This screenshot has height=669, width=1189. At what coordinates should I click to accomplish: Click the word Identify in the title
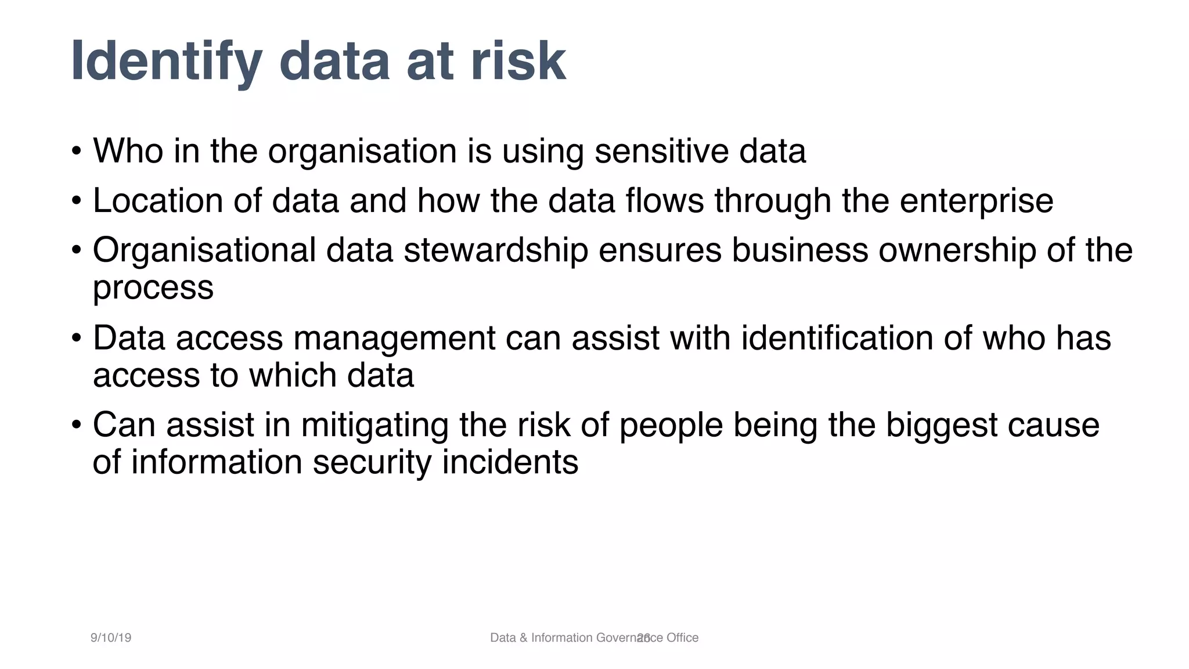coord(166,62)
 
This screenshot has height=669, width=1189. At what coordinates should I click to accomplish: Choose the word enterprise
coord(976,202)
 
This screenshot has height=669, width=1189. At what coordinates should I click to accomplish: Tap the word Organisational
coord(204,251)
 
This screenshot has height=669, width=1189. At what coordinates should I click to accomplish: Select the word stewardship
coord(495,251)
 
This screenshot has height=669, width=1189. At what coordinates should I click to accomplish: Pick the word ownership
coord(957,251)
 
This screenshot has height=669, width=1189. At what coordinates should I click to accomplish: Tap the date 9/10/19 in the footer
coord(111,638)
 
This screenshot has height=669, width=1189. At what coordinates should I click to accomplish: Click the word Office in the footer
coord(682,638)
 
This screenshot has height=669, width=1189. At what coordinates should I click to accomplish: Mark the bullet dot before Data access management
coord(77,338)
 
